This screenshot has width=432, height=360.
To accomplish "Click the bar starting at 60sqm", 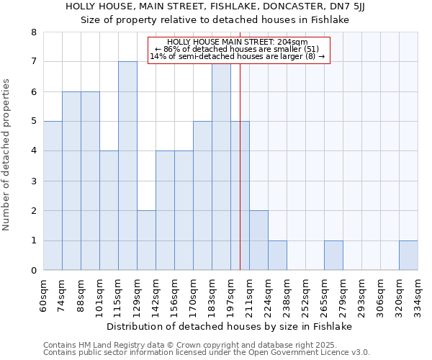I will (53, 196).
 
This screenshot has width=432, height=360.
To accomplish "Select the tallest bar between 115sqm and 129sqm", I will (127, 166).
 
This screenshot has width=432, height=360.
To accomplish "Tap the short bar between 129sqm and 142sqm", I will (146, 240).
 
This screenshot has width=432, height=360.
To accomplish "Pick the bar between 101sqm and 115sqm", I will (109, 210).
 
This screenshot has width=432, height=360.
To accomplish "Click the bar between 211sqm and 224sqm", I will (258, 240).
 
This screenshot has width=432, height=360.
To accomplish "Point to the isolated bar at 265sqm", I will (333, 256).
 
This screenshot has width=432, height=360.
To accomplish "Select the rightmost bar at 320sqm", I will (408, 256).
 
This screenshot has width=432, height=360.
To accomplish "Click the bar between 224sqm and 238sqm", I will (277, 256).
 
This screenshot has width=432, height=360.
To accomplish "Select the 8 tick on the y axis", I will (33, 32).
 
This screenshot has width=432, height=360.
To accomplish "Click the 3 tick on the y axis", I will (33, 181).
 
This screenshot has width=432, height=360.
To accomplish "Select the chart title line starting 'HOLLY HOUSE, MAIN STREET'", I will (217, 6).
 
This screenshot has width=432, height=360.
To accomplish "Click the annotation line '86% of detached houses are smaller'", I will (238, 49).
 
